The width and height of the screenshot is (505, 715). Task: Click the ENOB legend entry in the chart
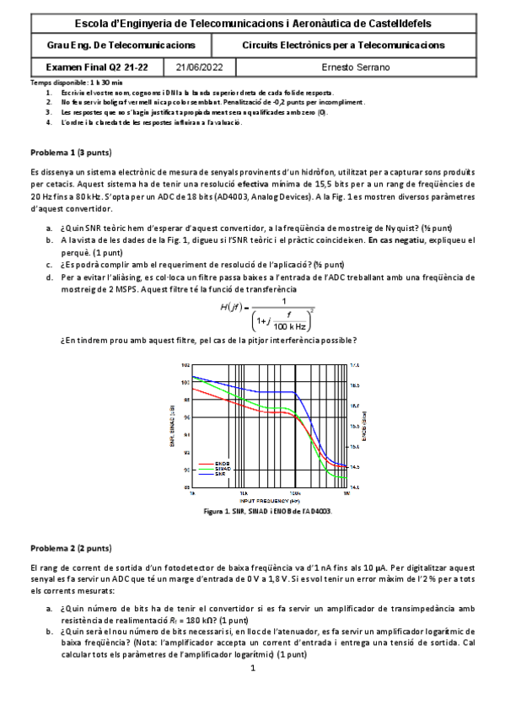pos(222,463)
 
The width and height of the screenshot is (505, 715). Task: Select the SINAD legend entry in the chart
pos(223,468)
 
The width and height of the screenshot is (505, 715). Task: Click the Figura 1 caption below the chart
pos(267,511)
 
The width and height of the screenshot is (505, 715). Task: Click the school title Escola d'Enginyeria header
pos(252,24)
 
